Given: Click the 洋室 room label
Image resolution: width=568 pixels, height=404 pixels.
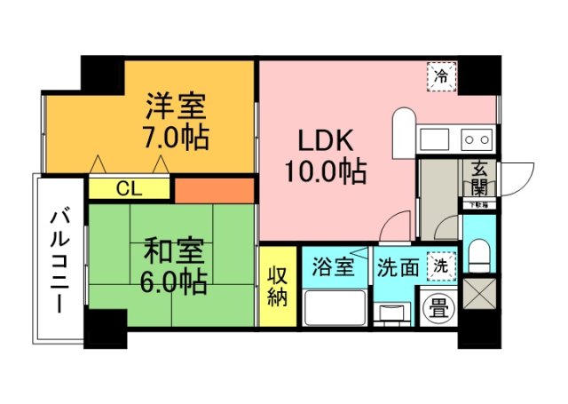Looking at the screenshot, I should click(177, 107).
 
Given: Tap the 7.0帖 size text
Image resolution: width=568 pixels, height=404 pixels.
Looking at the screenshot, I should click(177, 139).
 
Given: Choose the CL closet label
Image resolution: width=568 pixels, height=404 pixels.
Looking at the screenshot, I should click(130, 188).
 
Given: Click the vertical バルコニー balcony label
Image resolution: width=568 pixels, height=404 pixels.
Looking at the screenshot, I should click(60, 260).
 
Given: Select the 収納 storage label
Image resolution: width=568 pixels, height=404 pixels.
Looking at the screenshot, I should click(277, 286).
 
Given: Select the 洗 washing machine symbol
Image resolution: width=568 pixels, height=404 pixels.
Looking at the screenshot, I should click(439, 265).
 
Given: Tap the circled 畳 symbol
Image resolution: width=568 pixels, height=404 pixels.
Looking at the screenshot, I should click(438, 307).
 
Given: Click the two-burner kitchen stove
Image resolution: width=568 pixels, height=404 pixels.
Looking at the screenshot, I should click(477, 139).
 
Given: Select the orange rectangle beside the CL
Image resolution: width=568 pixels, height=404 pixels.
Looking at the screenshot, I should click(214, 189).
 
